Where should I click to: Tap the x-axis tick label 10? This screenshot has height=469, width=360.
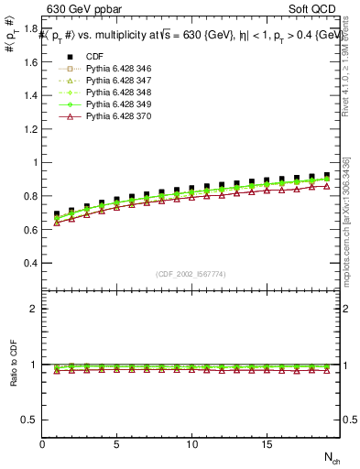[x=192, y=444]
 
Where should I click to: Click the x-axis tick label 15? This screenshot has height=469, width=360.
[x=267, y=444]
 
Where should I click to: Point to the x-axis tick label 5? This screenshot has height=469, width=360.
[x=117, y=444]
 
